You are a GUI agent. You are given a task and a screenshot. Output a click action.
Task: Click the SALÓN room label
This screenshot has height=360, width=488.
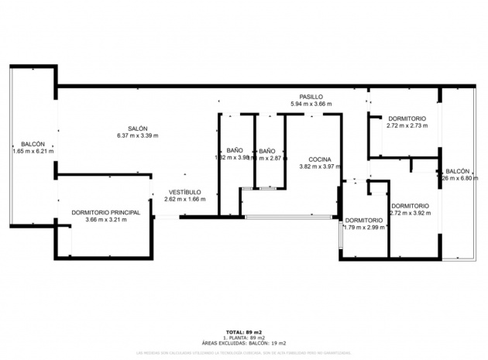pos(138,129)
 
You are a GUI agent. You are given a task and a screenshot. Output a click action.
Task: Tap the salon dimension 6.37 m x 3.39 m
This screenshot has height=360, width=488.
pos(138,135)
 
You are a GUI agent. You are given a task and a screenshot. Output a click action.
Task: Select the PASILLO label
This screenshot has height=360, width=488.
pos(311,96)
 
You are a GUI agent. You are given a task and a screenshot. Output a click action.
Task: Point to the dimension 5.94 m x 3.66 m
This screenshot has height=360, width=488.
pos(311,104)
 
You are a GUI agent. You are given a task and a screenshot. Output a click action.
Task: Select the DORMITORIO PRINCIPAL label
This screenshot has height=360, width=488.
pos(105,211)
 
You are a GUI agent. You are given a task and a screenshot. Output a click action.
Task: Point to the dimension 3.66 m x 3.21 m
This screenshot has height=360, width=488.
pos(105,219)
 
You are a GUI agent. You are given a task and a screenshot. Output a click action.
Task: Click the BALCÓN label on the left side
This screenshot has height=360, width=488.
pos(33,144)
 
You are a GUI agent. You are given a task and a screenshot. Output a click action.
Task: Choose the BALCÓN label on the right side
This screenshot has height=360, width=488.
pos(457,171)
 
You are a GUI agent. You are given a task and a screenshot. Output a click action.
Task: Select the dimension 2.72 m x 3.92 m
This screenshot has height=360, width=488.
pos(411,213)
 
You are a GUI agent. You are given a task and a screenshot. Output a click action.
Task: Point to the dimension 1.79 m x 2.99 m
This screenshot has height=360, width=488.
pos(364,228)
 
